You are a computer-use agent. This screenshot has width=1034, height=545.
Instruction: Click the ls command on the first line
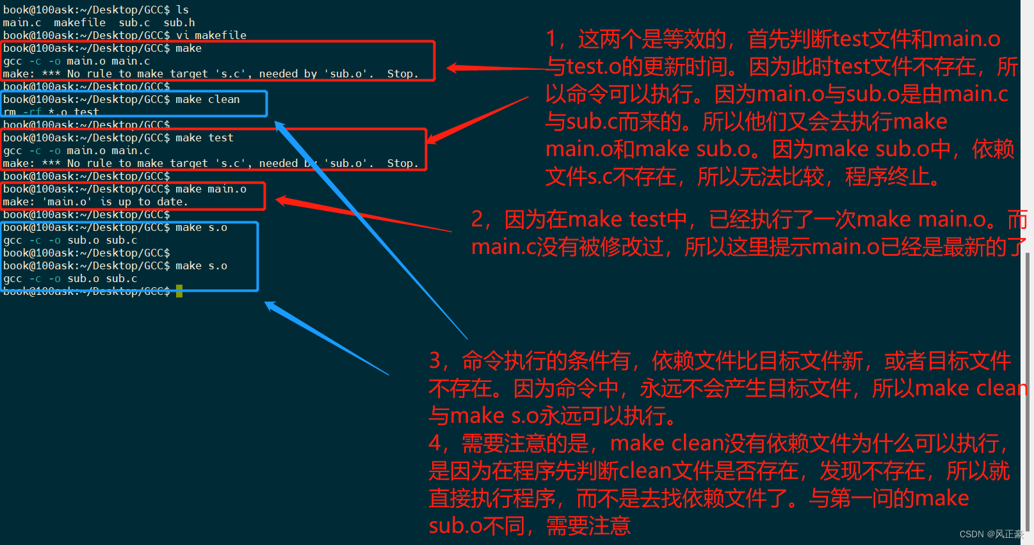[182, 10]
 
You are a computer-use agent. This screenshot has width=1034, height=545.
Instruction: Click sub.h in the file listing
[179, 22]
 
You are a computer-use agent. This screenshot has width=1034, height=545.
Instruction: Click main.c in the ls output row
[22, 22]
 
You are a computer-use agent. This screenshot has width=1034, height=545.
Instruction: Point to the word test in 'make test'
[220, 138]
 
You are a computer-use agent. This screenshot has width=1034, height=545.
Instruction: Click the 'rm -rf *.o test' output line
[51, 112]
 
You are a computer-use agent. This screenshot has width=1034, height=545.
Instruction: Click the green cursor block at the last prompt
[179, 291]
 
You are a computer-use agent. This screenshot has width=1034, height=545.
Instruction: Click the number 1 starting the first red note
[551, 39]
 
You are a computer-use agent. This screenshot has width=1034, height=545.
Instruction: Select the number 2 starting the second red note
[477, 219]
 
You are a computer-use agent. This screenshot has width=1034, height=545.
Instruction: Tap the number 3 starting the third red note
[435, 361]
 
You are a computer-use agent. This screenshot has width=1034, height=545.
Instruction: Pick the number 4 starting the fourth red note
[435, 443]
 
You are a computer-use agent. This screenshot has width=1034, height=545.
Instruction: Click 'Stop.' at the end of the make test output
[402, 163]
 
